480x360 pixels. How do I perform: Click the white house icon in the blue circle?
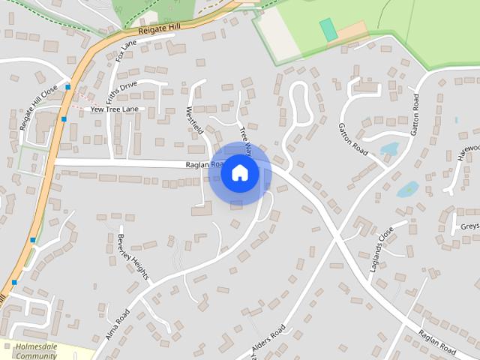pos(239,173)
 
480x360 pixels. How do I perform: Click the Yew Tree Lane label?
pos(115,109)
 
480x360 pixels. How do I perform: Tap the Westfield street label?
pos(194,119)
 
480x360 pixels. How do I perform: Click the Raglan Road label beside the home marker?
pos(204,165)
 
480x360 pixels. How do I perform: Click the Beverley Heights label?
pos(133,257)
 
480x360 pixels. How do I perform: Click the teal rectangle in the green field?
pos(328,30)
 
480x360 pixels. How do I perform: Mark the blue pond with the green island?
pos(408,189)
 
